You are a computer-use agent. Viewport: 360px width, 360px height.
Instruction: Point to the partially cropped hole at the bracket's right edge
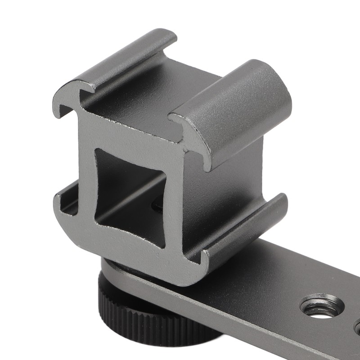tap(357, 327)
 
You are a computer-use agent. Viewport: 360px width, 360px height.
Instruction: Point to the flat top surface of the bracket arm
tap(288, 279)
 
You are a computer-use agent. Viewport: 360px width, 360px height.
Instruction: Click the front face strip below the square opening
tap(135, 252)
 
